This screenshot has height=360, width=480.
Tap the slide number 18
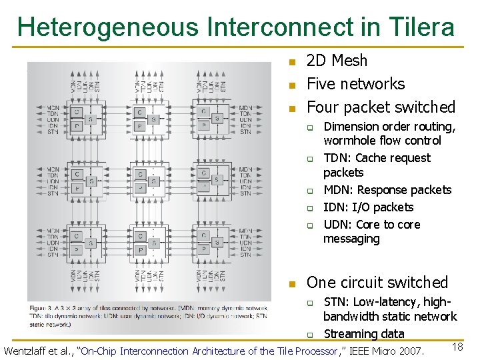click(457, 346)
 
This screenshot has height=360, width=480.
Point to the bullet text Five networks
click(355, 84)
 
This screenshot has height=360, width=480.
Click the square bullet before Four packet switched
click(291, 108)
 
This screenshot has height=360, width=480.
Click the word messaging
click(351, 239)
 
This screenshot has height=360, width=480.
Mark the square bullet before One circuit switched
click(291, 284)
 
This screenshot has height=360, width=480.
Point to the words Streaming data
click(363, 334)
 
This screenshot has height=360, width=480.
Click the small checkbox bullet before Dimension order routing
click(310, 127)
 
